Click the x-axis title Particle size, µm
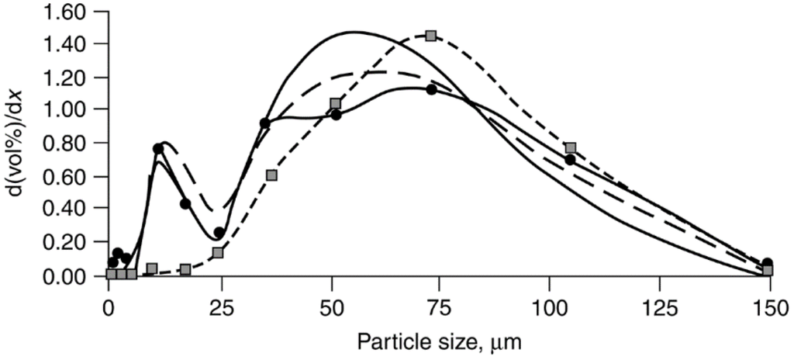(x=438, y=338)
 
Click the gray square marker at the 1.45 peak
(x=430, y=36)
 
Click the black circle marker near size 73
(x=432, y=89)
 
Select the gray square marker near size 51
(x=336, y=103)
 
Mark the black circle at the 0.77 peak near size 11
(x=158, y=148)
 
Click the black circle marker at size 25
(x=219, y=233)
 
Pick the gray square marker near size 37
(x=271, y=175)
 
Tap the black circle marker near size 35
(x=264, y=123)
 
